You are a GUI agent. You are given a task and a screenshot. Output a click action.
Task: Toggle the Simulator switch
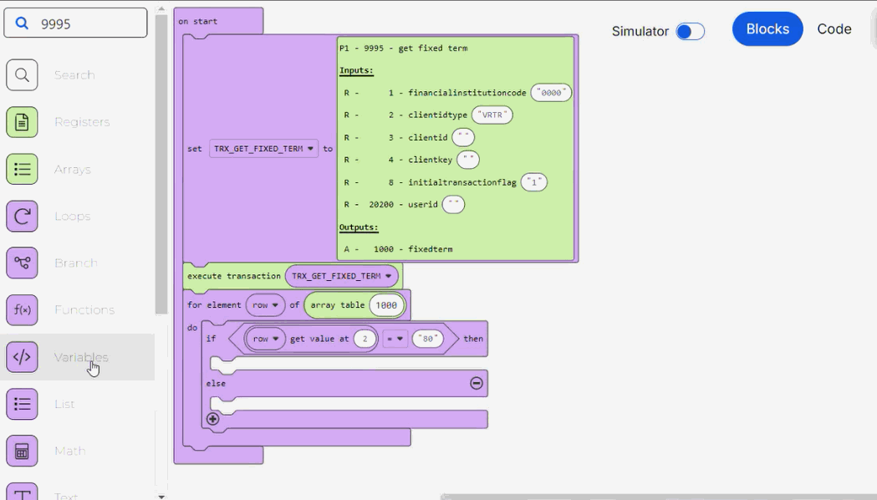point(690,32)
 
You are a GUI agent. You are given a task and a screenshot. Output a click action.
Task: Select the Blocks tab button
point(767,29)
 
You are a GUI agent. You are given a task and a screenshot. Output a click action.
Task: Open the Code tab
point(834,29)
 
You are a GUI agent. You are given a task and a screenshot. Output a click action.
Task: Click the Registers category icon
point(23,122)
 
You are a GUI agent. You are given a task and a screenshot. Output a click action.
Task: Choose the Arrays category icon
point(23,169)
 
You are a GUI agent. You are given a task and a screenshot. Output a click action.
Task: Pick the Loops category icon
point(23,216)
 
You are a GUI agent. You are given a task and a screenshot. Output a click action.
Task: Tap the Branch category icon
point(23,263)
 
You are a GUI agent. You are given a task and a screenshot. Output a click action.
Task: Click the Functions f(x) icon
point(23,309)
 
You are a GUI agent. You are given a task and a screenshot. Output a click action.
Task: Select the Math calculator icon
point(23,451)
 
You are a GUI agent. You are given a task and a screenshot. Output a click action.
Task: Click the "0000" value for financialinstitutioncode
point(551,93)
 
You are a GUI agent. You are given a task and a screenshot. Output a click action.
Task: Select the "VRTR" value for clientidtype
point(492,115)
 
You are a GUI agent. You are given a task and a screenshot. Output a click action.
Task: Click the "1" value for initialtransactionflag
point(533,182)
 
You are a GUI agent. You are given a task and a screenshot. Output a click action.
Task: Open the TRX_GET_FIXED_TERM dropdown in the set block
point(263,149)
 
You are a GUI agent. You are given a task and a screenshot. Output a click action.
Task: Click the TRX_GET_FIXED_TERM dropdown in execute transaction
point(341,276)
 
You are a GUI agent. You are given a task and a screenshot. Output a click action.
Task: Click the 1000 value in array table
point(386,305)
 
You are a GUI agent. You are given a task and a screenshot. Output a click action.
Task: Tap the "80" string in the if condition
point(427,339)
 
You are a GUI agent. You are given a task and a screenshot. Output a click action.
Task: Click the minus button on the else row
point(476,383)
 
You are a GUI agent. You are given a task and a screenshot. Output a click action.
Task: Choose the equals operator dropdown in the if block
point(395,339)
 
